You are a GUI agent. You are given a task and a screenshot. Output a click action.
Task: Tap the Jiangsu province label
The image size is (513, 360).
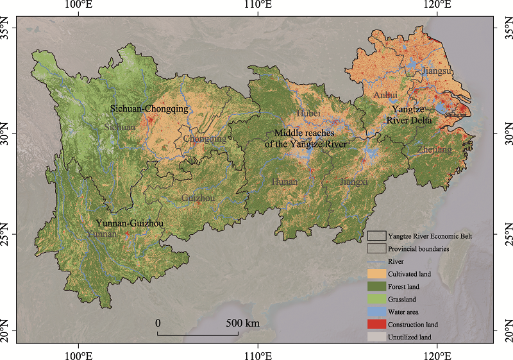coord(438,71)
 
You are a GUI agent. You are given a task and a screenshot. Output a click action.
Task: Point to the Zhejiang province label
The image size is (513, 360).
coord(434,150)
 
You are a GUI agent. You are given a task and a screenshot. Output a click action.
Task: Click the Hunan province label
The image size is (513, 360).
coord(285,182)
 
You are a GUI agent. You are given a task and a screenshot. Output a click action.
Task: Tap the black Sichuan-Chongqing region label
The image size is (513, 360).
coord(149,109)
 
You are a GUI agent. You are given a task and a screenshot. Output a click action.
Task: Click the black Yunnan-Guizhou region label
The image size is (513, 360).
coord(129,223)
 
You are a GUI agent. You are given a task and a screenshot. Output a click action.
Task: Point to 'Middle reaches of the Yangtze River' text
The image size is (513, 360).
coord(306,139)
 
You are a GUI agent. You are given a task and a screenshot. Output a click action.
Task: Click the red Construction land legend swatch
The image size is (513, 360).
coord(376,324)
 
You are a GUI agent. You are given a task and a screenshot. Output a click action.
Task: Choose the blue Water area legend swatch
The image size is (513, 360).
coord(376,312)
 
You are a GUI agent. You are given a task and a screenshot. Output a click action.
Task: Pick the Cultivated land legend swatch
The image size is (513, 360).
coord(376,274)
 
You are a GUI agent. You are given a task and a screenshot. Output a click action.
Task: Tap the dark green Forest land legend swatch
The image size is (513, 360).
coord(376,287)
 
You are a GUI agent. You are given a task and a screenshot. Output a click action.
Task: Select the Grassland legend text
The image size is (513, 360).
coord(405,299)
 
